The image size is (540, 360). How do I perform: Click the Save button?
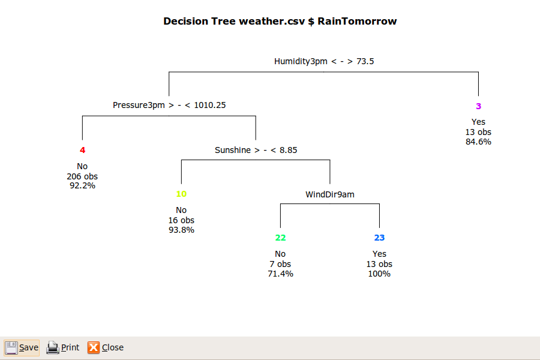[x=22, y=347]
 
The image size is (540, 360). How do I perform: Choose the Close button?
[x=106, y=347]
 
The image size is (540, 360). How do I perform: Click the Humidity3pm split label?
[x=324, y=61]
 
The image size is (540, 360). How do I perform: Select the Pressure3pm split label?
[x=169, y=105]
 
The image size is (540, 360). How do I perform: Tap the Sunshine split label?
[x=256, y=150]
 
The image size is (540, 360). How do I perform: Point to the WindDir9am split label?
[x=330, y=194]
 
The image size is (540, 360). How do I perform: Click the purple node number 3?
[x=478, y=106]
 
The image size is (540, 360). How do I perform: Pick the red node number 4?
[x=82, y=150]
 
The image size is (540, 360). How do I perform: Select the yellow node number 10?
[x=181, y=194]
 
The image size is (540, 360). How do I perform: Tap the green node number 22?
[x=280, y=238]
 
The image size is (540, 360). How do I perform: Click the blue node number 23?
[x=379, y=238]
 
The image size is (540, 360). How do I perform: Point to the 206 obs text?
[x=82, y=176]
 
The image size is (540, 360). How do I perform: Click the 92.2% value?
[x=82, y=185]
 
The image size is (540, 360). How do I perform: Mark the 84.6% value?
[x=478, y=142]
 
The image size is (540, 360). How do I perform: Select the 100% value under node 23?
[x=379, y=274]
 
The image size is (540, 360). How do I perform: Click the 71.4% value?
[x=280, y=274]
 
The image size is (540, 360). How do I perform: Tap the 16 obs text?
[x=181, y=220]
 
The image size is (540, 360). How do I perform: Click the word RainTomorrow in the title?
[x=357, y=21]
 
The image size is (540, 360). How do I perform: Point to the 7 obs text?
[x=280, y=264]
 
